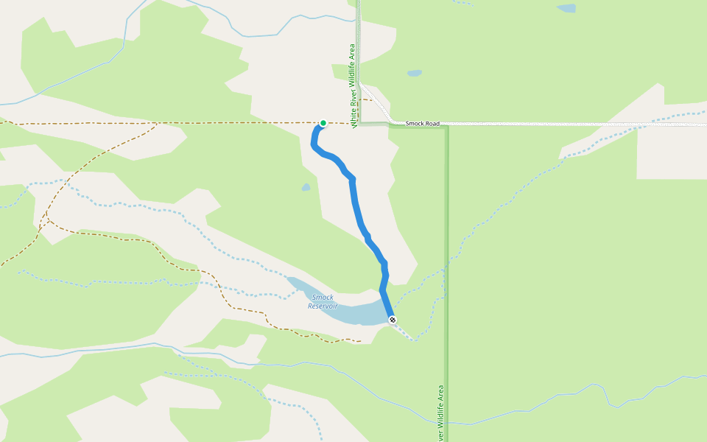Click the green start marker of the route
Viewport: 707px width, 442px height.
coord(323,123)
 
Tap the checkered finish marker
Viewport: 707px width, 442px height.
coord(393,320)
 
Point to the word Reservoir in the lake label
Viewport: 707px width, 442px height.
coord(322,306)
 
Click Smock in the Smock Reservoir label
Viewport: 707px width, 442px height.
coord(323,298)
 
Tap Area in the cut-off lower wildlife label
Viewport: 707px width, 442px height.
coord(441,391)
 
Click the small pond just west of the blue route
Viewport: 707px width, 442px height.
coord(306,187)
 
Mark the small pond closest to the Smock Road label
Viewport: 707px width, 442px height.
coord(415,74)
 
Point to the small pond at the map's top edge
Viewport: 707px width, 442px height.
coord(566,9)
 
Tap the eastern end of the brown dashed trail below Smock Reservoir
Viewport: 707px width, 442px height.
coord(359,341)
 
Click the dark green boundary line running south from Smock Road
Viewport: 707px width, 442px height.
coord(447,258)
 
